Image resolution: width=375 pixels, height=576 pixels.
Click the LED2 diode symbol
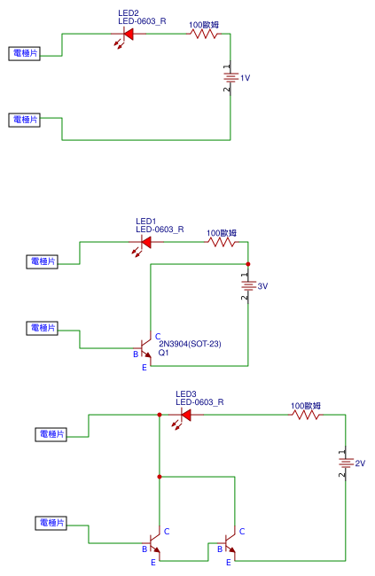[127, 35]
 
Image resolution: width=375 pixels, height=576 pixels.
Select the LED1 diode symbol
[145, 240]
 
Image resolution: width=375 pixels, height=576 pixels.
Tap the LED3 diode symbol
[185, 413]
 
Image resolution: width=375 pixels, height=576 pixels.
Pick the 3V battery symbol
[247, 286]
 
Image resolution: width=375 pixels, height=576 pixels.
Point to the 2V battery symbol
[345, 463]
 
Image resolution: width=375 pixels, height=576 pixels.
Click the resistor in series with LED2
[204, 35]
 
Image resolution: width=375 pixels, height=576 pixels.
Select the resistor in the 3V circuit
[222, 240]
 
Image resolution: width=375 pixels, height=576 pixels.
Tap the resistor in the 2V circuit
[306, 414]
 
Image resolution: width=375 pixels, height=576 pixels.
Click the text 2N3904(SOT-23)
[189, 343]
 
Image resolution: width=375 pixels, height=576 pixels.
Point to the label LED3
[185, 393]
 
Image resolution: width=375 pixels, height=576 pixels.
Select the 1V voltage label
[246, 78]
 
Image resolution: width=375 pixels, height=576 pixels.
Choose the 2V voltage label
[360, 463]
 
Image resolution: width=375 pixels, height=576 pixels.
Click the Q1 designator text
[163, 353]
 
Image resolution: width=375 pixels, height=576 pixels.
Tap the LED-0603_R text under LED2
[142, 21]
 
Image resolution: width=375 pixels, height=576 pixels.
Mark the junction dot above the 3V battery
[247, 264]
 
